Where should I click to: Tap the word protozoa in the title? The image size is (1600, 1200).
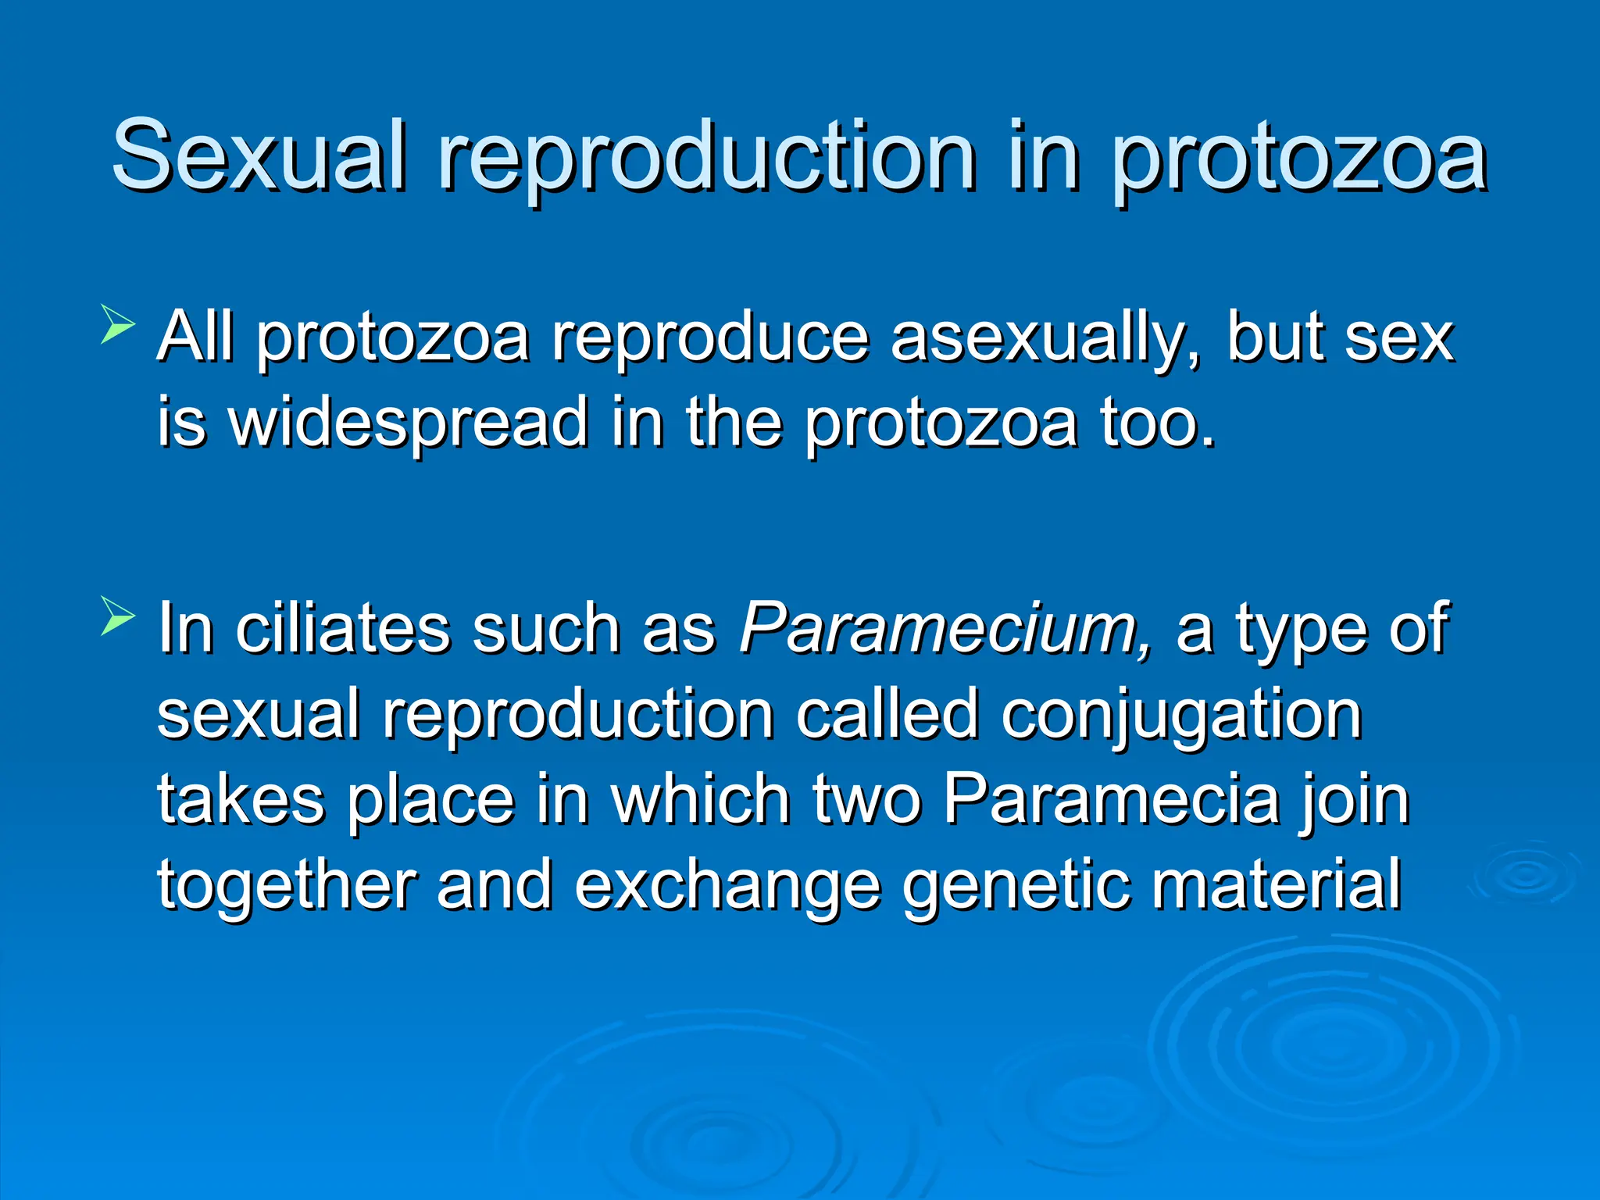(1300, 160)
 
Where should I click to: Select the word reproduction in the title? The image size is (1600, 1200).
(707, 160)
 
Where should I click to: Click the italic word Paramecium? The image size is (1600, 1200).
(945, 629)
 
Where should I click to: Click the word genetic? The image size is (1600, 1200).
(1016, 887)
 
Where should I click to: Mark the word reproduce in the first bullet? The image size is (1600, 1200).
(710, 340)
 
